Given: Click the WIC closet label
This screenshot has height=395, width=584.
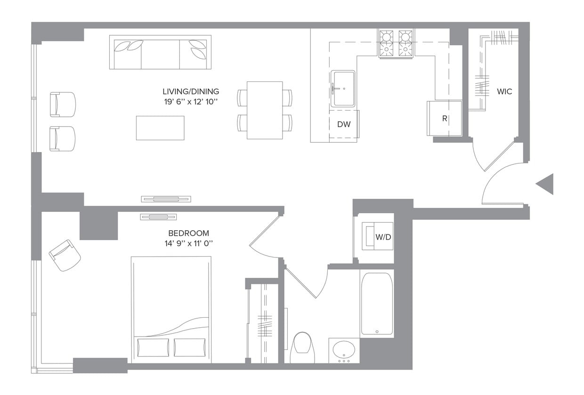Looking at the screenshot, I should (x=504, y=91).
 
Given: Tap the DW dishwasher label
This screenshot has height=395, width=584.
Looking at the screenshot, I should (x=344, y=124).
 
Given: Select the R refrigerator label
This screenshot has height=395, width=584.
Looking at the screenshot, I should (x=444, y=119).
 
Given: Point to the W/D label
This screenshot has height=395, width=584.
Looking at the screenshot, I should (x=383, y=237).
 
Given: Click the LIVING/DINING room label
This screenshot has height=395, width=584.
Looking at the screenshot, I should (x=191, y=91).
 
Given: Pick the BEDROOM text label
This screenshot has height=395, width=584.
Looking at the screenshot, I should (x=188, y=233).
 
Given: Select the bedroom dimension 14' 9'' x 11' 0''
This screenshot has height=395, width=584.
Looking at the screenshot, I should (x=188, y=243).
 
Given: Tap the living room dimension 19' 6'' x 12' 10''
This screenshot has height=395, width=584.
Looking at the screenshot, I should (x=191, y=102).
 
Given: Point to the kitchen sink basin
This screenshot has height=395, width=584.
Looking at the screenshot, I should (x=343, y=89).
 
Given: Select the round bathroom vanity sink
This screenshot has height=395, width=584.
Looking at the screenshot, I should (x=344, y=350).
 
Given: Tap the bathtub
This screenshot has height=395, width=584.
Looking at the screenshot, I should (x=377, y=303).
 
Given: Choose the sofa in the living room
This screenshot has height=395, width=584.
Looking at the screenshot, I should (x=160, y=52).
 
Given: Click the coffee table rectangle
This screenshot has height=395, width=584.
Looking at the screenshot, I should (x=160, y=128).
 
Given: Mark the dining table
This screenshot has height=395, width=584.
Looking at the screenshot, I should (x=265, y=110).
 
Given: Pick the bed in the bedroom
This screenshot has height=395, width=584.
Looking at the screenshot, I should (x=171, y=308).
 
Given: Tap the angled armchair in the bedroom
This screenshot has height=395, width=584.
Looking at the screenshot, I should (x=65, y=255).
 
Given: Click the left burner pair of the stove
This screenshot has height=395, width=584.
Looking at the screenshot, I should (x=387, y=43).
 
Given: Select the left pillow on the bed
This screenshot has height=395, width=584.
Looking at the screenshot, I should (x=153, y=347).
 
